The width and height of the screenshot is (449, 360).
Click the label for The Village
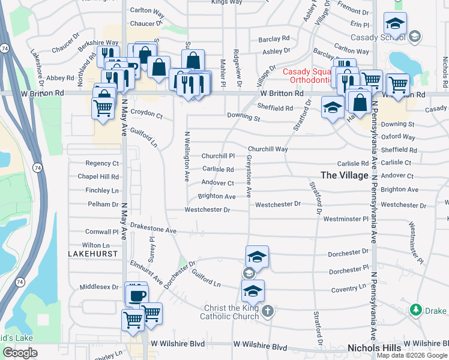pos(344,175)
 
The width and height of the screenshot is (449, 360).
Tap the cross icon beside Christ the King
pos(268,311)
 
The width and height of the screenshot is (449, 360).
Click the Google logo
pos(20,353)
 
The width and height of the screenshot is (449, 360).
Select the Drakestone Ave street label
pos(153,230)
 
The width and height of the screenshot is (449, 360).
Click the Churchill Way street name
pos(268,149)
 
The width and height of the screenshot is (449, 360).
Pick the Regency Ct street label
pos(102,163)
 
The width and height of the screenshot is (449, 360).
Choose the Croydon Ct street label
pos(146,113)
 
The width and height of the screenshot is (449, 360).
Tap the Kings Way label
pos(227,2)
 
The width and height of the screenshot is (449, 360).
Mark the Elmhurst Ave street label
pos(146,271)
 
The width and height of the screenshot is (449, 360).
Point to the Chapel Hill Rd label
pos(98,177)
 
